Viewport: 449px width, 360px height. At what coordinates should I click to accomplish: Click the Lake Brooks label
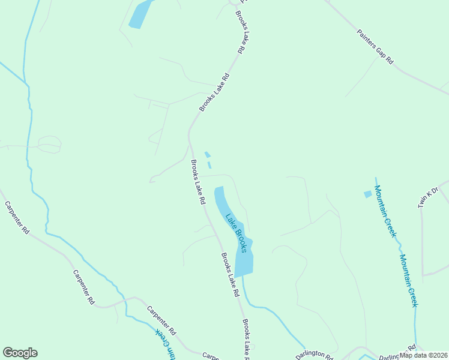click(x=236, y=233)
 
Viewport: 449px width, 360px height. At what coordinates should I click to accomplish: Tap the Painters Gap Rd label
click(x=375, y=47)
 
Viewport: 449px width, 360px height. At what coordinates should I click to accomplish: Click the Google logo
click(x=20, y=353)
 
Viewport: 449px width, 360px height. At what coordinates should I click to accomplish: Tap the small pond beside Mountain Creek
click(x=368, y=194)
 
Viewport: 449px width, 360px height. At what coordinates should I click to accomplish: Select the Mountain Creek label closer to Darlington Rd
click(x=408, y=280)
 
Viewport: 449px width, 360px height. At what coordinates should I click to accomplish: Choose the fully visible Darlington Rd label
click(x=314, y=355)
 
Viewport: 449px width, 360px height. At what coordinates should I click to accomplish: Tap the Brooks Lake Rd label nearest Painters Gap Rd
click(x=241, y=33)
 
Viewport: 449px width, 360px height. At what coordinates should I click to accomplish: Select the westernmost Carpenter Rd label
click(x=17, y=217)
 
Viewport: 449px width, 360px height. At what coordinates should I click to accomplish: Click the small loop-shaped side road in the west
click(x=49, y=144)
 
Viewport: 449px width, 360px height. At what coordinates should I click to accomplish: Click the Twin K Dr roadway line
click(x=422, y=240)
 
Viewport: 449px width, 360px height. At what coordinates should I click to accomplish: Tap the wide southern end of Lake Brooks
click(x=244, y=261)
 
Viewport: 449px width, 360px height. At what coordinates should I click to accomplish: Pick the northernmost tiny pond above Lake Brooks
click(x=207, y=154)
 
